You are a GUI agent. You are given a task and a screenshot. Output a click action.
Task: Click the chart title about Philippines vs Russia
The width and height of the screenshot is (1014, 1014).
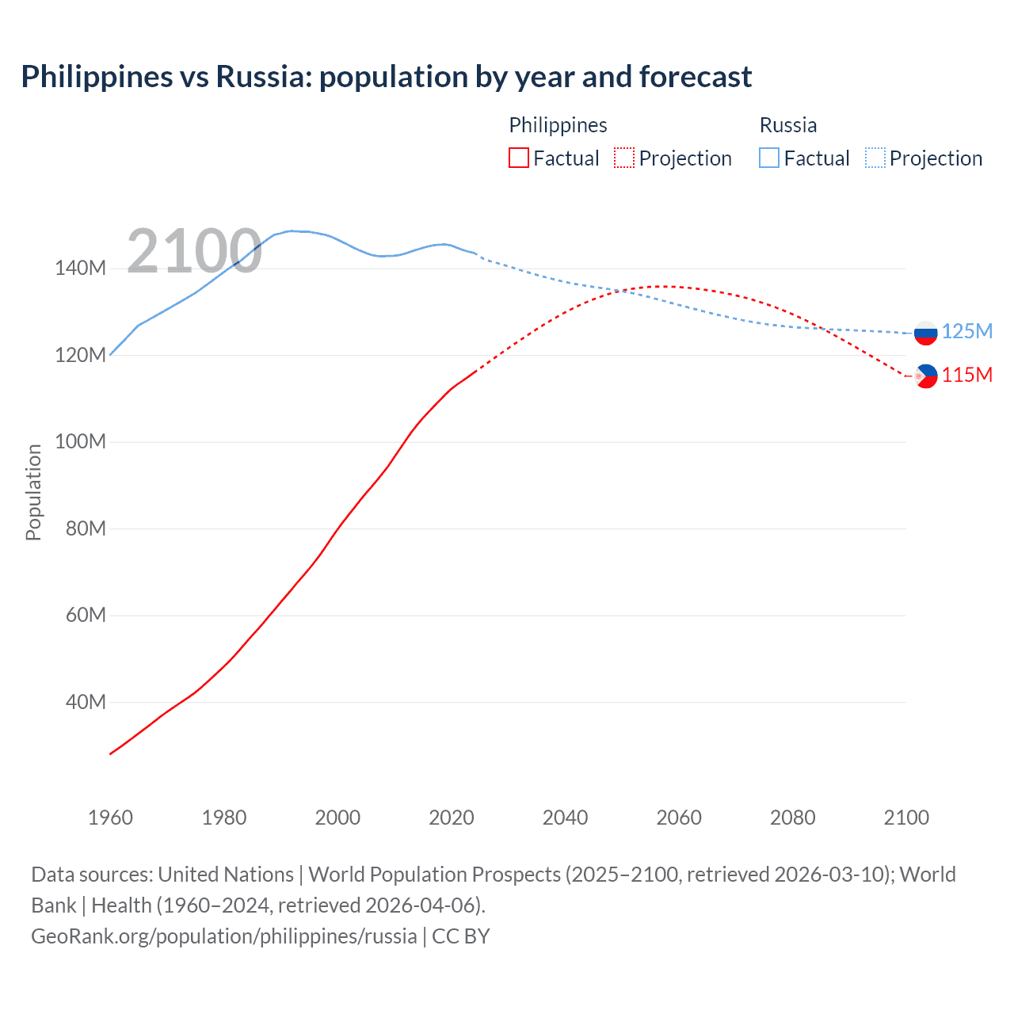[x=387, y=77]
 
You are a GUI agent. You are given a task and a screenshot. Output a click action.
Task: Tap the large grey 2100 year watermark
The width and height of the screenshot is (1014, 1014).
[x=194, y=251]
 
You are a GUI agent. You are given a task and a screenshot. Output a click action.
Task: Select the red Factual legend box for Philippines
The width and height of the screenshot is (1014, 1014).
[x=518, y=158]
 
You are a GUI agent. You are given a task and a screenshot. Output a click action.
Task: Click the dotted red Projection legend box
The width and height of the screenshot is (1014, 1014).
[x=624, y=158]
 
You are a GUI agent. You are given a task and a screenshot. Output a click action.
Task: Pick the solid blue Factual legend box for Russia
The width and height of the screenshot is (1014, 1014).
[x=768, y=158]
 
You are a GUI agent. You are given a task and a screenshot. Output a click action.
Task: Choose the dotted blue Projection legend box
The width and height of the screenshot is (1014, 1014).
[x=875, y=158]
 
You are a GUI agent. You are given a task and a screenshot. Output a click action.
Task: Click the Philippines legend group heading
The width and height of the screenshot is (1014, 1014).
[x=558, y=125]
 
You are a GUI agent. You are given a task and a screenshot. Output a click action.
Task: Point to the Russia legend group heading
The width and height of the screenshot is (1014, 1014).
[x=787, y=125]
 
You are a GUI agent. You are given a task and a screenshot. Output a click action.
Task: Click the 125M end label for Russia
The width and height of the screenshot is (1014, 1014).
[x=966, y=331]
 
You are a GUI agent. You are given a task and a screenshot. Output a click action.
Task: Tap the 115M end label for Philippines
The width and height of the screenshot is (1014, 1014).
[x=966, y=375]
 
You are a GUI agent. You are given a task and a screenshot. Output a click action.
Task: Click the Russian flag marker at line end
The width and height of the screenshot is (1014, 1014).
[x=925, y=333]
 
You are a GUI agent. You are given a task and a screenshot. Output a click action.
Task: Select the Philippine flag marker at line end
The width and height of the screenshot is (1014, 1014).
[x=925, y=375]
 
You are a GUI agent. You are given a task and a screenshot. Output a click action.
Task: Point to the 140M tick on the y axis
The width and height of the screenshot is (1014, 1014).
[x=80, y=269]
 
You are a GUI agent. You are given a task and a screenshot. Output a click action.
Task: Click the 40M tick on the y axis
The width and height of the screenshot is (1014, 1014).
[x=85, y=702]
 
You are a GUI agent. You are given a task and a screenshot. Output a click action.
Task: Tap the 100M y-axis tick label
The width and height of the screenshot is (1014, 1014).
[x=80, y=442]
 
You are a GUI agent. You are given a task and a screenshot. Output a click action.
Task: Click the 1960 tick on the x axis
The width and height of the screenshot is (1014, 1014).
[x=110, y=818]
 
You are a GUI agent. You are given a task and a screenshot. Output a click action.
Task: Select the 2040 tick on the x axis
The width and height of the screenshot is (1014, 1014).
[x=565, y=818]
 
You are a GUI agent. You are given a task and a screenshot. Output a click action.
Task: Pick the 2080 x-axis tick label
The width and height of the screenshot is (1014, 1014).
[x=792, y=818]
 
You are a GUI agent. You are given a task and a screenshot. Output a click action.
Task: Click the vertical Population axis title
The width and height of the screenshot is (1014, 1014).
[x=33, y=492]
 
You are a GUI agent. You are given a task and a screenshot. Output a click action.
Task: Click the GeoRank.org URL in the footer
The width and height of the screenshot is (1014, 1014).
[x=223, y=936]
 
